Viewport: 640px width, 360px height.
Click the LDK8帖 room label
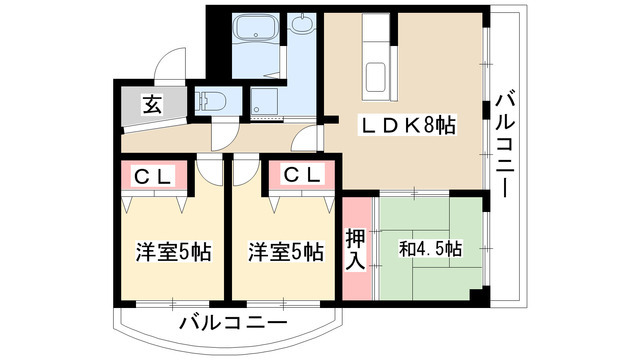410,126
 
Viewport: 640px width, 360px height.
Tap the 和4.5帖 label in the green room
431,248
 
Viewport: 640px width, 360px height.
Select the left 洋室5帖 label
172,251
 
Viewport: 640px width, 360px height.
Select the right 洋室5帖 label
286,251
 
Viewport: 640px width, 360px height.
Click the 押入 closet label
355,249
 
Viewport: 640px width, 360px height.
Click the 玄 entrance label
150,103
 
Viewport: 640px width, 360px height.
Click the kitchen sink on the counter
377,76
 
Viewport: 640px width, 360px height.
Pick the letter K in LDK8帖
410,126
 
